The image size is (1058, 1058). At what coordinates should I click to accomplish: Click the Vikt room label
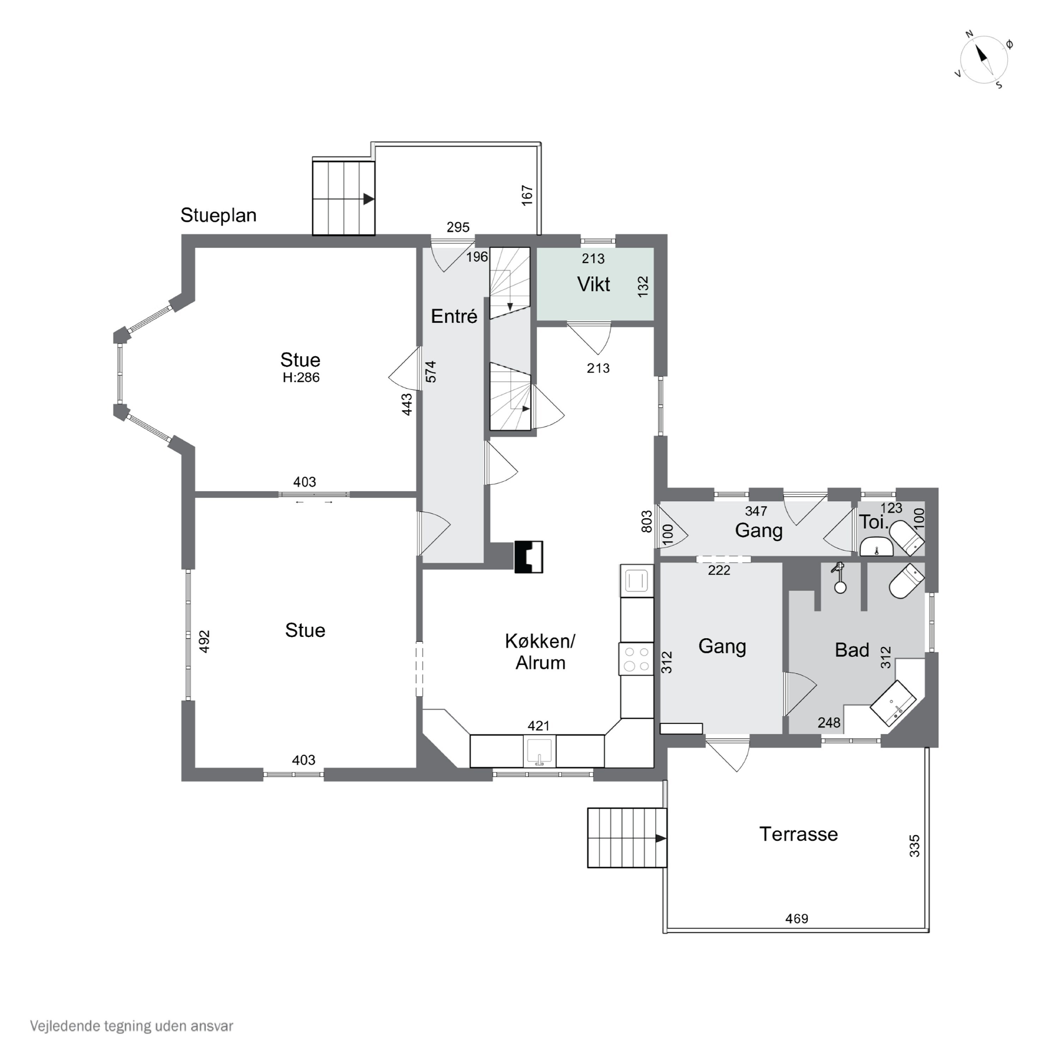coord(594,284)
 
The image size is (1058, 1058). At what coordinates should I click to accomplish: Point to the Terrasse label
coord(798,834)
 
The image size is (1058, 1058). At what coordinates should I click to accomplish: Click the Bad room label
coord(852,650)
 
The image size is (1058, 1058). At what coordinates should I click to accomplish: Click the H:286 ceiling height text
coord(301,377)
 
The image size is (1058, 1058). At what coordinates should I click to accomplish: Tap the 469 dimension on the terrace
coord(797,918)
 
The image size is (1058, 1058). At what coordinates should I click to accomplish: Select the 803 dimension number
coord(647,521)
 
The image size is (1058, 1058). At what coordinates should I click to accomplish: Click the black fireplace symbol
coord(528,557)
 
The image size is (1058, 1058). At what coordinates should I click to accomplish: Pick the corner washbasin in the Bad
coord(893,703)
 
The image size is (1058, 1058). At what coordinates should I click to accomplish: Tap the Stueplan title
coord(219,215)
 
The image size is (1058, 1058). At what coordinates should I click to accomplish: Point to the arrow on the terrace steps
coord(661,838)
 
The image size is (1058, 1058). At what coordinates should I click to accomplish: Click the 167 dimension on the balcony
coord(527,195)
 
